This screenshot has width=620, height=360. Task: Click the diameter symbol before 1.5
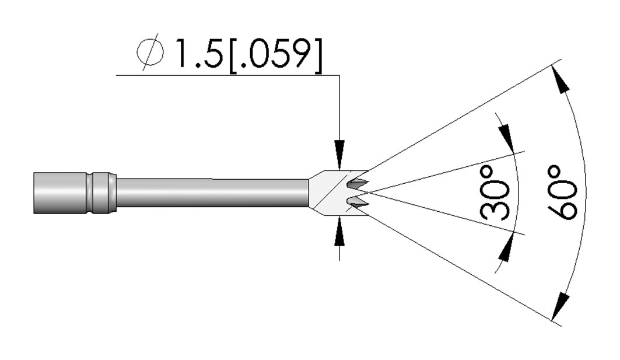[150, 52]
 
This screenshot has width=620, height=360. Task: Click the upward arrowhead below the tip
[339, 232]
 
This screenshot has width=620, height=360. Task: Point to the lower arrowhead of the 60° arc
[561, 305]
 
